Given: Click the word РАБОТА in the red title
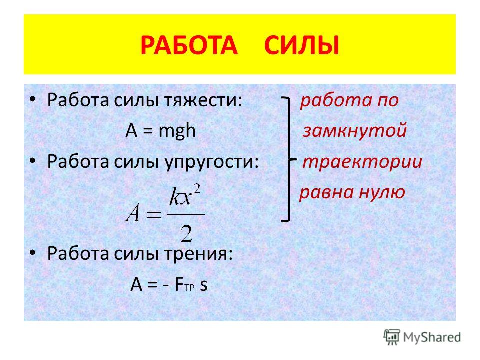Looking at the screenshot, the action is [189, 45].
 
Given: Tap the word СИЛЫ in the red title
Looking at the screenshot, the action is [302, 45].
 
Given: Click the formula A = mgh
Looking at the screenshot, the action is [160, 131].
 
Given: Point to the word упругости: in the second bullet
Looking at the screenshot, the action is [212, 162].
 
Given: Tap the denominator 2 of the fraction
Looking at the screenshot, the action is [186, 233].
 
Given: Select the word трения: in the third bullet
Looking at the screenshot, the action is [198, 254].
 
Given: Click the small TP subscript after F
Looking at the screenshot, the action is [190, 288].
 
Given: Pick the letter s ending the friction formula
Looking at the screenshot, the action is [204, 285].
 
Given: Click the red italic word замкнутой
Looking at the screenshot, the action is [355, 130].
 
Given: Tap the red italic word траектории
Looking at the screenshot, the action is [363, 162].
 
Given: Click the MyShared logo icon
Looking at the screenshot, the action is [392, 337].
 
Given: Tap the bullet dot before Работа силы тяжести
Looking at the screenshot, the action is [33, 99].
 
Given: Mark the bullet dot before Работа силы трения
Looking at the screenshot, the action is [33, 252].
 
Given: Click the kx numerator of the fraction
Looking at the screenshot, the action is [181, 197].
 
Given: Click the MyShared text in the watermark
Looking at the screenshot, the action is [432, 337].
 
